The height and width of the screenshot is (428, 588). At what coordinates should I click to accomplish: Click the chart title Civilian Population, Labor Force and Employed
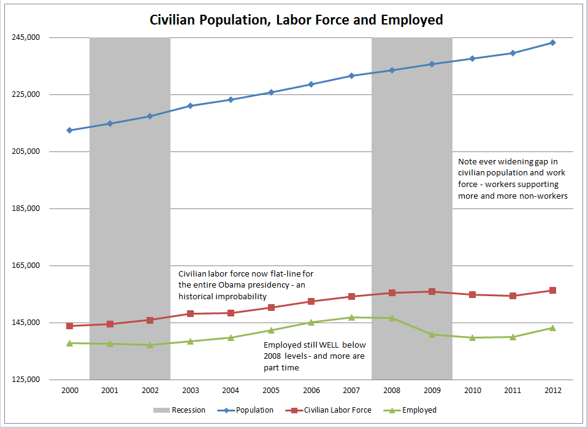point(296,20)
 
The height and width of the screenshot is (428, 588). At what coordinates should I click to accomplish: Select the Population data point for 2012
point(552,42)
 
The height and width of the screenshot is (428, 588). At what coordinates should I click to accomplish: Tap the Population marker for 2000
point(69,130)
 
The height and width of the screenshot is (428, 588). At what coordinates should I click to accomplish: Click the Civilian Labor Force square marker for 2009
point(432,291)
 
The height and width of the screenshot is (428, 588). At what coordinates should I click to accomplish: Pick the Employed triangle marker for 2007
point(351,317)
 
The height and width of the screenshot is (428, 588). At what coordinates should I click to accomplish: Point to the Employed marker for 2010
point(472,337)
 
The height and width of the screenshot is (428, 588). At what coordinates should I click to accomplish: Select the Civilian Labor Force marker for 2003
point(190,313)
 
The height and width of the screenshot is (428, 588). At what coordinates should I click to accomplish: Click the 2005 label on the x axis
point(270,390)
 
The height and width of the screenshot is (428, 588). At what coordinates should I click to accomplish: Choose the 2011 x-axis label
point(512,390)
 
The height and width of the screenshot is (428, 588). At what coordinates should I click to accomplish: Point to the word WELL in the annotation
point(329,345)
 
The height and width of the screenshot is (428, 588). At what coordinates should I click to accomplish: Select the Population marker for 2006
point(311,84)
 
